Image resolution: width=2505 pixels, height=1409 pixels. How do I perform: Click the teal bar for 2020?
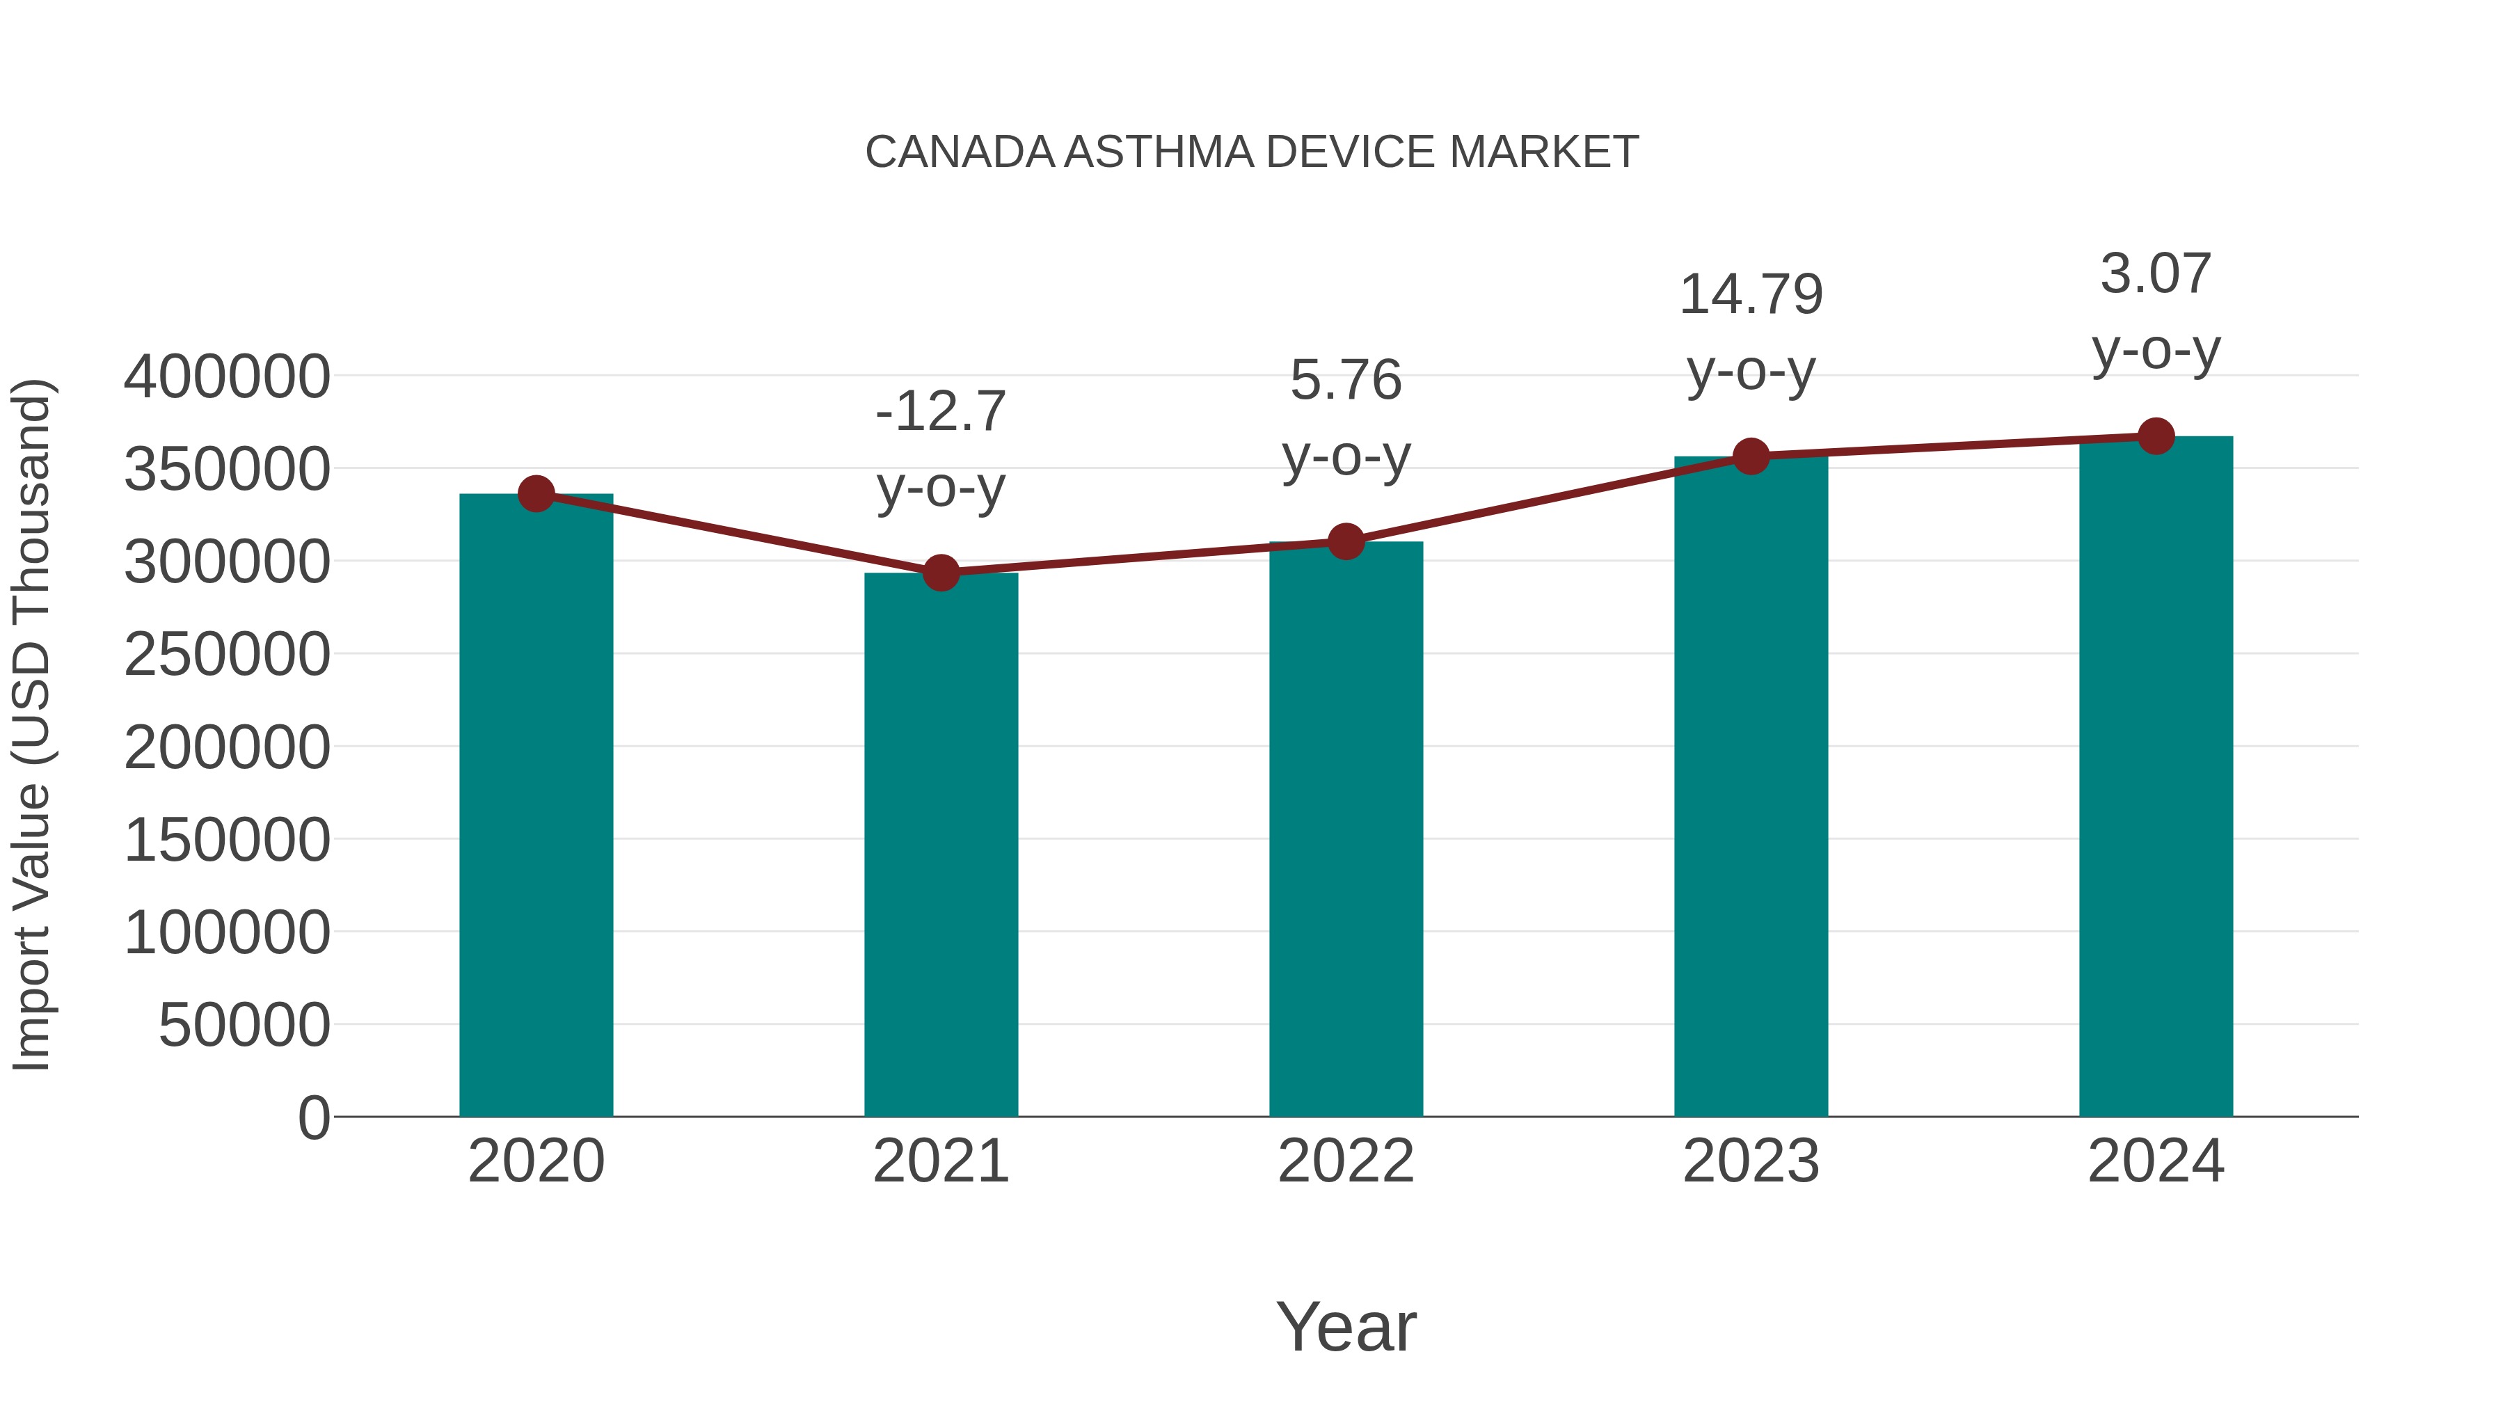[x=536, y=807]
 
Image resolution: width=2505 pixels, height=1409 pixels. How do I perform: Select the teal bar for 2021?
[x=940, y=846]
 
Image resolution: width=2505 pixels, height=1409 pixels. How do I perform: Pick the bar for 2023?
[x=1751, y=788]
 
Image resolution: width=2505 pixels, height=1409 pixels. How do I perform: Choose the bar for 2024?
[x=2156, y=778]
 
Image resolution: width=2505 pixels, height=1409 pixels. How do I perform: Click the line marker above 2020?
[x=536, y=494]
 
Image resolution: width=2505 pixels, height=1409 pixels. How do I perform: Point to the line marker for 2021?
[x=940, y=573]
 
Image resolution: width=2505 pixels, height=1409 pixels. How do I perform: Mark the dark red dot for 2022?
[x=1346, y=541]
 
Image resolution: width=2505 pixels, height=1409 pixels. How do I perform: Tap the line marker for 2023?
[x=1751, y=456]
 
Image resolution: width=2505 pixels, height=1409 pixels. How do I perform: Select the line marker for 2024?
[x=2156, y=436]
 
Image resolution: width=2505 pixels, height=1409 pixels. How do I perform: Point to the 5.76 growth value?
[x=1346, y=380]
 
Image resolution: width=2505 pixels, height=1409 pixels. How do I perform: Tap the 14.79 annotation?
[x=1751, y=294]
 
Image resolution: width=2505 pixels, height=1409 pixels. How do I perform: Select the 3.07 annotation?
[x=2156, y=274]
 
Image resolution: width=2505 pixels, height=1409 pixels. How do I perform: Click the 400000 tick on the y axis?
[x=227, y=376]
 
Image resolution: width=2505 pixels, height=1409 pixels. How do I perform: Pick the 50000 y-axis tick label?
[x=244, y=1025]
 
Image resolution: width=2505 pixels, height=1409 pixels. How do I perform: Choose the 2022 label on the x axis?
[x=1346, y=1161]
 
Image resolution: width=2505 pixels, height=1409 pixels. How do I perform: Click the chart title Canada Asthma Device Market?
[x=1252, y=152]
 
